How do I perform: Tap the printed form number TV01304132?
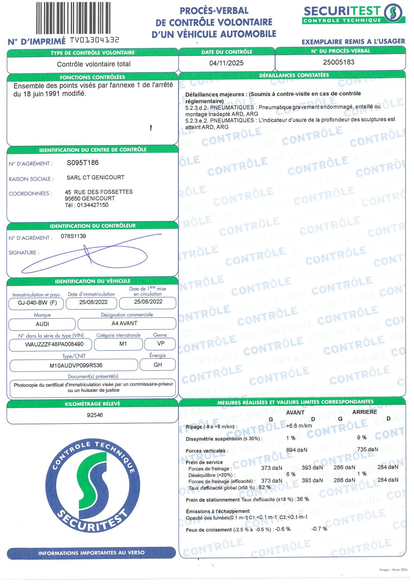coord(95,40)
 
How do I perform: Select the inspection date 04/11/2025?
coord(226,63)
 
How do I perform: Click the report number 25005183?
coord(339,62)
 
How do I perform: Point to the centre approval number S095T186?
coord(83,163)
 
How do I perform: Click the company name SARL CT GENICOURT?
coord(95,177)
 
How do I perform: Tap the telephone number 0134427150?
coord(93,205)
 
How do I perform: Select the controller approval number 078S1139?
coord(73,236)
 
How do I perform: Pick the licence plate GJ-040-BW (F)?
coord(37,303)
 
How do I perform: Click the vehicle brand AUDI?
coord(42,324)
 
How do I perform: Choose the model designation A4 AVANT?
coord(124,323)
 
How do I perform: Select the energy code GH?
coord(158,365)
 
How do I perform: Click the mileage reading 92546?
coord(95,415)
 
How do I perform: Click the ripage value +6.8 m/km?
coord(299,426)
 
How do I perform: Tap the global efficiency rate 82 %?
coord(265,487)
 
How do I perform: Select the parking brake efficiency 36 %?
coord(303,499)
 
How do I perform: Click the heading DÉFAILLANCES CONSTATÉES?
coord(294,75)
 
